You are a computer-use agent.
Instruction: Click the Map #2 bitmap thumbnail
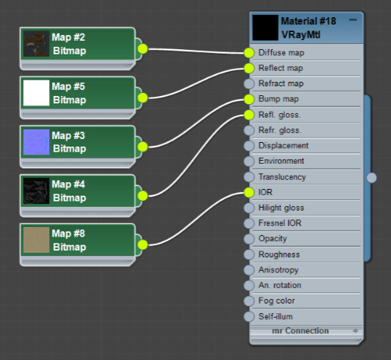tap(36, 44)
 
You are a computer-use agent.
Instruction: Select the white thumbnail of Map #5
tap(36, 93)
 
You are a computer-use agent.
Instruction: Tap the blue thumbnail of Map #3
tap(36, 142)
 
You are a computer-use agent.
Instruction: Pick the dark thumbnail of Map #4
tap(36, 191)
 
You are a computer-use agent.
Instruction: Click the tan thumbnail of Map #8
tap(36, 240)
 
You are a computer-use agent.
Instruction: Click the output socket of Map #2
tap(143, 49)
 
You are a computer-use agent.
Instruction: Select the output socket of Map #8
tap(143, 244)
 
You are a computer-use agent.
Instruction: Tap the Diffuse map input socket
tap(249, 53)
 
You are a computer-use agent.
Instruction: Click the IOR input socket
tap(249, 193)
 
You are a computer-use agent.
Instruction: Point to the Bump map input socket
tap(249, 99)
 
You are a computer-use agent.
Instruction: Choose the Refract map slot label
tap(281, 83)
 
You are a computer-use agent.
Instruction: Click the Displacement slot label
tap(283, 146)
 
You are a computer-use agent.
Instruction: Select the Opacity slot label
tap(273, 239)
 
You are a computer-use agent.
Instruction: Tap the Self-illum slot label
tap(276, 317)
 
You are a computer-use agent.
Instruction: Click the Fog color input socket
tap(249, 301)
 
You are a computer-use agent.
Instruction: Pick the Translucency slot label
tap(282, 177)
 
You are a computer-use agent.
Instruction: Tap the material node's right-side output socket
tap(372, 177)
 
